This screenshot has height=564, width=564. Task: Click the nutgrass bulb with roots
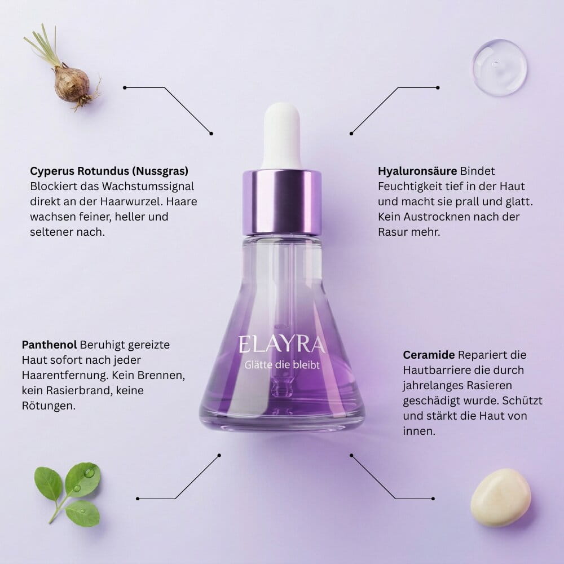pyautogui.click(x=72, y=83)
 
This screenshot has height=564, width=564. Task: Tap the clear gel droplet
pyautogui.click(x=499, y=67)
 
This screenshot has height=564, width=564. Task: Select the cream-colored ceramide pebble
pyautogui.click(x=500, y=497)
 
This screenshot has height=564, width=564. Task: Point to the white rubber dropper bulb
pyautogui.click(x=282, y=135)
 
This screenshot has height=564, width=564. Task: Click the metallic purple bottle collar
pyautogui.click(x=282, y=201)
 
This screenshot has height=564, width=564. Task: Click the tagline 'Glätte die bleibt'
pyautogui.click(x=282, y=365)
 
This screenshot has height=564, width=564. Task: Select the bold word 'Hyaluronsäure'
pyautogui.click(x=417, y=170)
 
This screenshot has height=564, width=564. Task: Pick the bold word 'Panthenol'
pyautogui.click(x=50, y=343)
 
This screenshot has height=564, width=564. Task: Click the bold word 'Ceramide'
pyautogui.click(x=429, y=355)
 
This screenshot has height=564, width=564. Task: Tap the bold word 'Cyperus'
pyautogui.click(x=51, y=170)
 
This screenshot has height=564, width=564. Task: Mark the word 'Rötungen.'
pyautogui.click(x=49, y=405)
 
